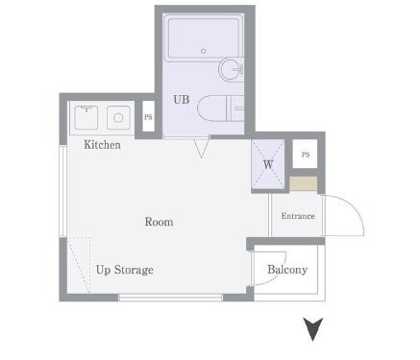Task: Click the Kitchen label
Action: pyautogui.click(x=102, y=145)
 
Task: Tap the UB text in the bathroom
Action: pyautogui.click(x=182, y=100)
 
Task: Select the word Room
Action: pyautogui.click(x=159, y=222)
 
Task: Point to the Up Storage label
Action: pyautogui.click(x=125, y=270)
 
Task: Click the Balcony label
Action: pyautogui.click(x=287, y=270)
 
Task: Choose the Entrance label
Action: pyautogui.click(x=298, y=216)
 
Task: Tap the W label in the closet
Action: pyautogui.click(x=268, y=164)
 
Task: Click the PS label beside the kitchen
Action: pyautogui.click(x=148, y=117)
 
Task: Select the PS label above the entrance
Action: pyautogui.click(x=306, y=155)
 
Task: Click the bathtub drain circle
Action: pyautogui.click(x=203, y=51)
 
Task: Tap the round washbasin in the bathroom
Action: pyautogui.click(x=231, y=68)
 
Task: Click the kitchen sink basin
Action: pyautogui.click(x=86, y=118)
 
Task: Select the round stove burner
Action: pyautogui.click(x=118, y=118)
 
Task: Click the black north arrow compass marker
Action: pyautogui.click(x=313, y=329)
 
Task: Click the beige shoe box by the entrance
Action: pyautogui.click(x=304, y=183)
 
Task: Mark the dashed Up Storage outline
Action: pyautogui.click(x=79, y=265)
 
